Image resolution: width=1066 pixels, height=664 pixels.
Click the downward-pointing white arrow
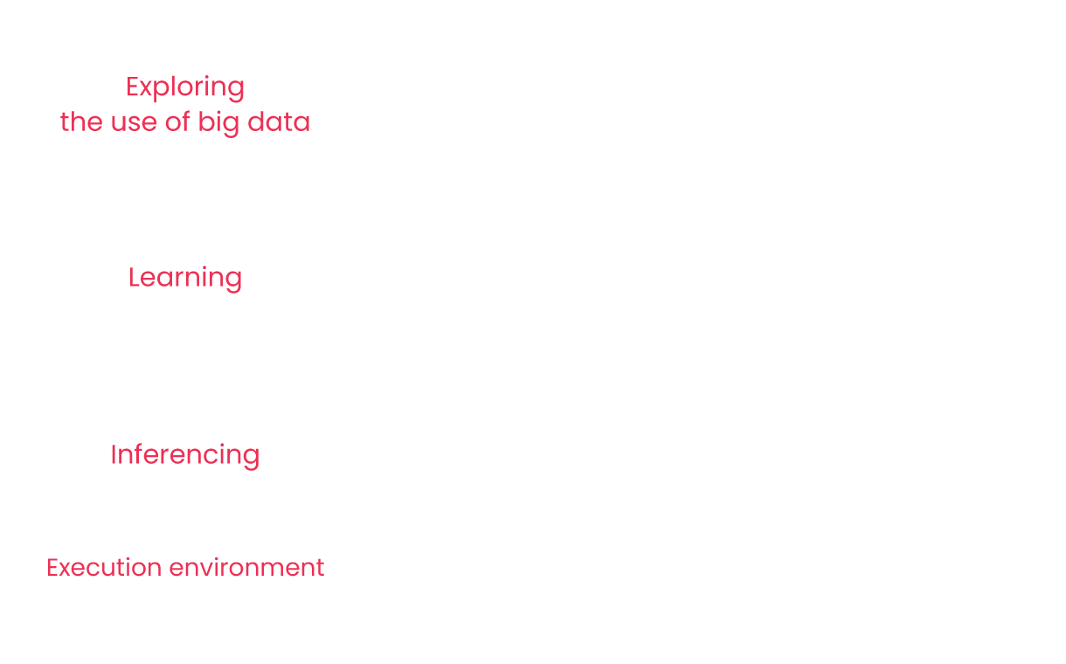550,515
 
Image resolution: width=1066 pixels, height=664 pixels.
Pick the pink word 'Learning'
185,278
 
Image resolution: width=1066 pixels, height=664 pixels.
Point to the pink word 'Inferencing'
185,455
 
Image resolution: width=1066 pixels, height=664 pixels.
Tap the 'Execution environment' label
185,568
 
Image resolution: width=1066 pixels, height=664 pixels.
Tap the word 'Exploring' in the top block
185,87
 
